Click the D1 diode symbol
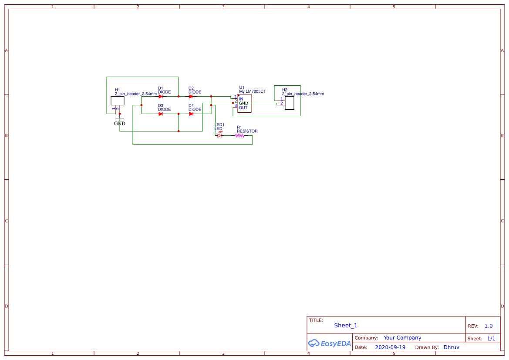coord(161,97)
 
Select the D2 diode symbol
coord(191,97)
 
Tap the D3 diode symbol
coord(161,114)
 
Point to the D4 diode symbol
coord(191,114)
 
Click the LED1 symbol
coord(219,135)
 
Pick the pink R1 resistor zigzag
coord(239,135)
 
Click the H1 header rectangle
coord(118,101)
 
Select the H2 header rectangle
coord(289,103)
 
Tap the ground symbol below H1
coord(120,119)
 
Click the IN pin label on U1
coord(241,99)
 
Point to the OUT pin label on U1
coord(243,108)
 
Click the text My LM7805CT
coord(253,91)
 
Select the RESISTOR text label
coord(247,131)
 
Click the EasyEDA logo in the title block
coord(330,343)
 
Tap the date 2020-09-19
coord(390,347)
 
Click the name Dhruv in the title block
coord(451,347)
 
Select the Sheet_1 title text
coord(346,326)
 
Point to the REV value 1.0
coord(489,326)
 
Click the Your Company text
coord(402,338)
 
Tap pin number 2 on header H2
coord(282,103)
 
